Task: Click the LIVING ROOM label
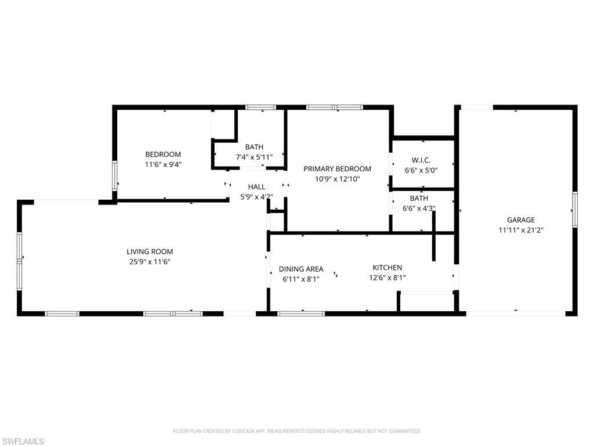[150, 251]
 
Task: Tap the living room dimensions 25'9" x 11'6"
[150, 262]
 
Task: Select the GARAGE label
[520, 220]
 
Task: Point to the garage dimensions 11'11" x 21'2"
[520, 230]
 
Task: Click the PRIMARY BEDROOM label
[337, 168]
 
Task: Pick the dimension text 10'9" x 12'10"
[337, 179]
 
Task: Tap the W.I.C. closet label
[421, 160]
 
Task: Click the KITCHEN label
[387, 267]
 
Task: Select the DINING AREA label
[301, 269]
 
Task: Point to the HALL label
[256, 186]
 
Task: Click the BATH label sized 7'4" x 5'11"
[254, 147]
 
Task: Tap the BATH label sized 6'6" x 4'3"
[419, 198]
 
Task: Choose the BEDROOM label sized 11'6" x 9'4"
[163, 154]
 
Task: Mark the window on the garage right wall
[574, 209]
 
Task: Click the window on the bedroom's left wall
[115, 176]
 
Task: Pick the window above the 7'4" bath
[260, 107]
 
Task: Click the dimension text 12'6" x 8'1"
[387, 278]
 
